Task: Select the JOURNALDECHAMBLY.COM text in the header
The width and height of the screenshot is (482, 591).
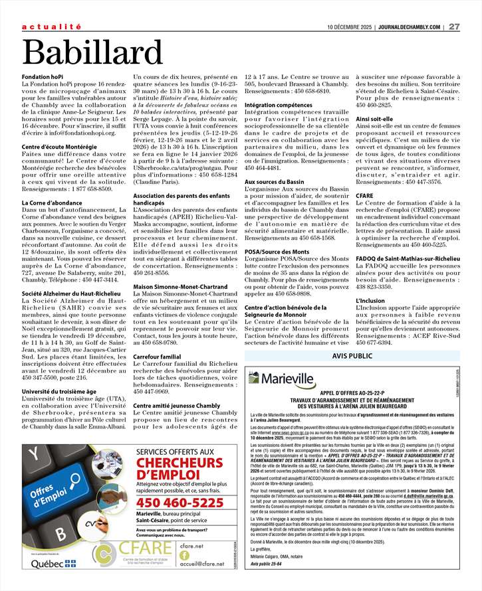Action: coord(409,27)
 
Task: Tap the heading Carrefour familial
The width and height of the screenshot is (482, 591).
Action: coord(157,357)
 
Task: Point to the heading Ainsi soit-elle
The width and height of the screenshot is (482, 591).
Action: coord(376,118)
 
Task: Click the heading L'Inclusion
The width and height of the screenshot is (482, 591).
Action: coord(371,299)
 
